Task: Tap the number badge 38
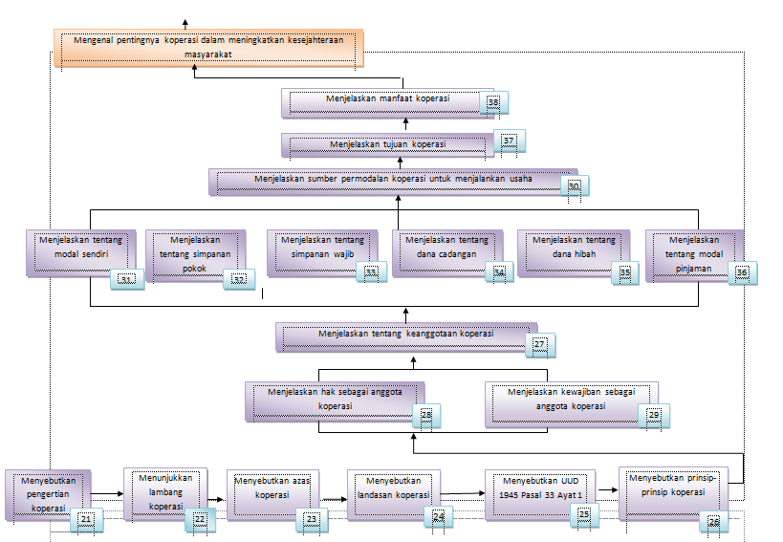pyautogui.click(x=493, y=102)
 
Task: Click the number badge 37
pyautogui.click(x=509, y=141)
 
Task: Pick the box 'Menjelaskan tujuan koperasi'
pyautogui.click(x=387, y=144)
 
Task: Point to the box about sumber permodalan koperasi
pyautogui.click(x=392, y=181)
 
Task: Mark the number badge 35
pyautogui.click(x=625, y=273)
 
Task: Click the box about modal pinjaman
pyautogui.click(x=694, y=252)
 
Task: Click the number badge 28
pyautogui.click(x=426, y=415)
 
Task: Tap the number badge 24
pyautogui.click(x=439, y=517)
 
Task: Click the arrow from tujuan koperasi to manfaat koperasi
pyautogui.click(x=405, y=124)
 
